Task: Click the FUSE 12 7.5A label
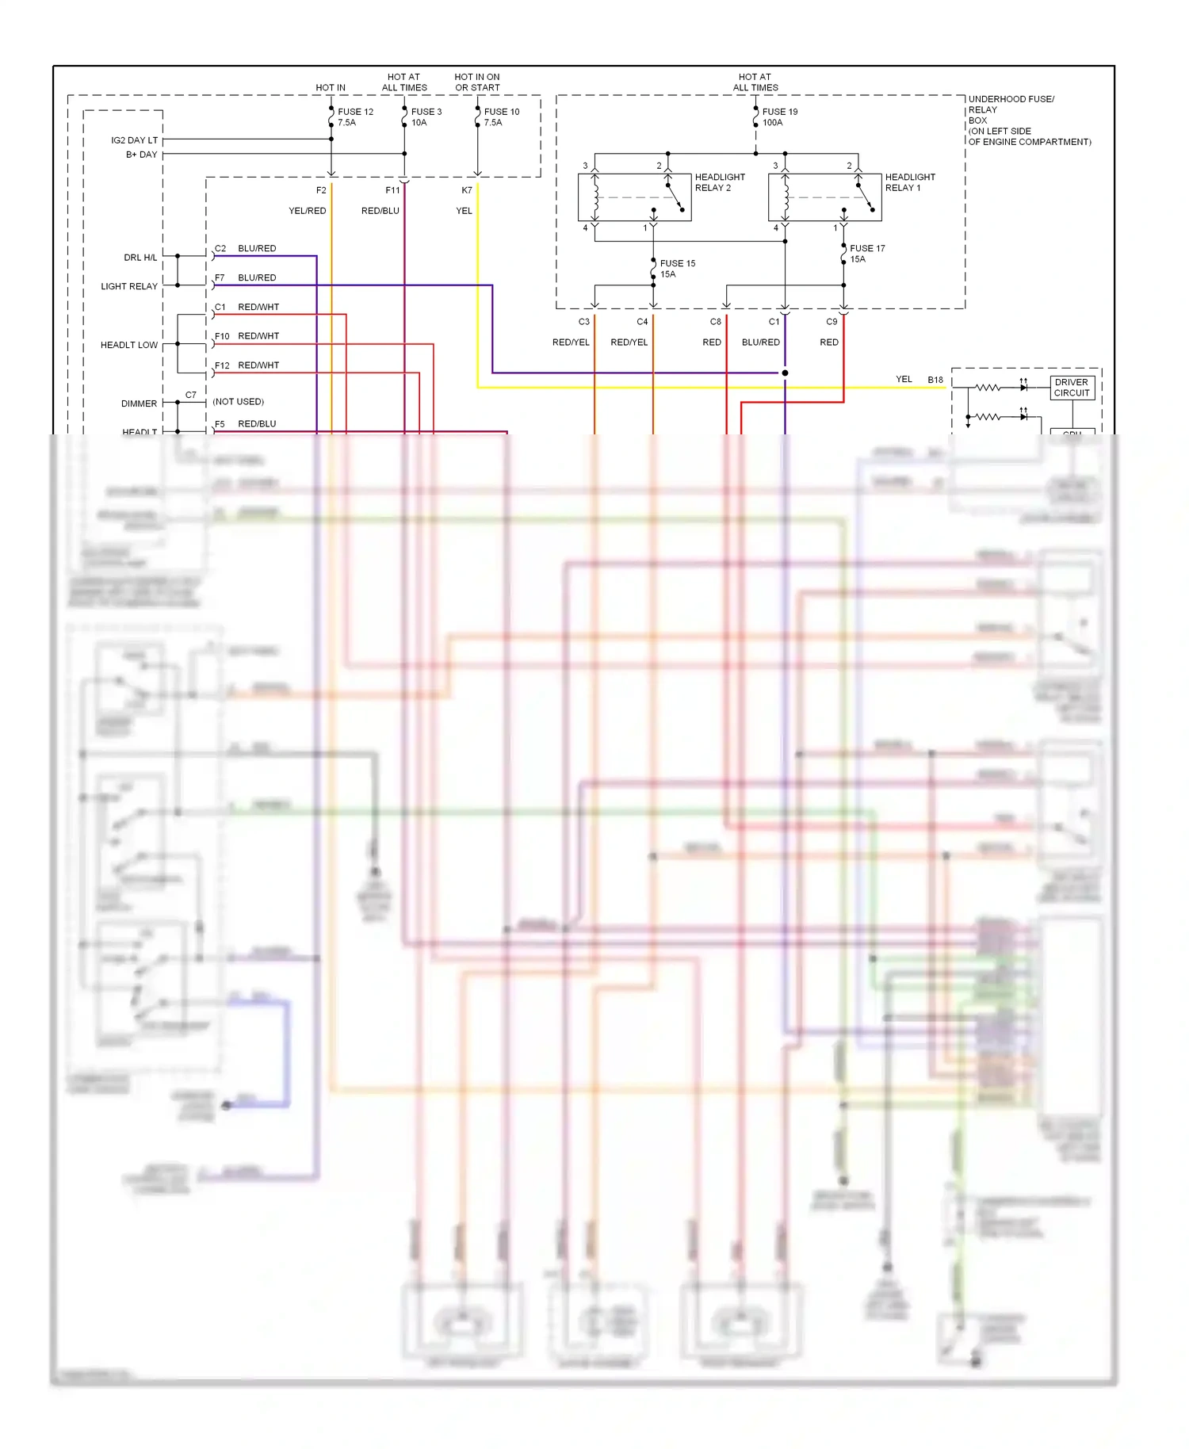coord(354,117)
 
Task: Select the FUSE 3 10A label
coord(426,117)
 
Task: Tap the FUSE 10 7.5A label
coord(501,117)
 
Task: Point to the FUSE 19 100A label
coord(779,117)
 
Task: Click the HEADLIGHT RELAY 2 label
coord(719,182)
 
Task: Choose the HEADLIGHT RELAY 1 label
coord(909,182)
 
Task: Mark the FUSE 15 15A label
coord(677,269)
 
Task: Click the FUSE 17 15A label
coord(866,254)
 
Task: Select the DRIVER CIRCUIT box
coord(1072,388)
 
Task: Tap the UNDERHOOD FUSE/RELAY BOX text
coord(1028,120)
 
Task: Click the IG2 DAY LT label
coord(134,140)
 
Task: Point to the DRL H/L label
coord(140,258)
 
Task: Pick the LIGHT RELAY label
coord(129,286)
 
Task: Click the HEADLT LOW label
coord(129,345)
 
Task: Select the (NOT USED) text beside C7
coord(238,402)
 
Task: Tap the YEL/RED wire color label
coord(307,211)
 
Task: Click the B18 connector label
coord(935,380)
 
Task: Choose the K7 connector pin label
coord(466,190)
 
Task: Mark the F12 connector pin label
coord(222,365)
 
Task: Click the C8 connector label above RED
coord(715,322)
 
